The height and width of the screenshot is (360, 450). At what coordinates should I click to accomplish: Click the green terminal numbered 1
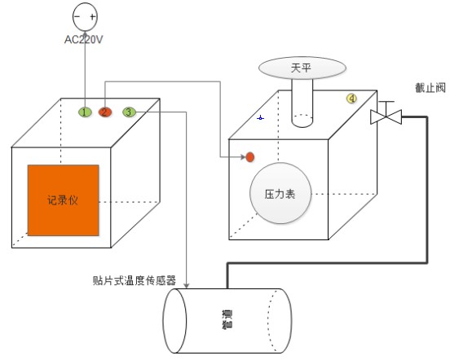pyautogui.click(x=85, y=112)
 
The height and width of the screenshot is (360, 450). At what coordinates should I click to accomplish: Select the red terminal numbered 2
pyautogui.click(x=104, y=112)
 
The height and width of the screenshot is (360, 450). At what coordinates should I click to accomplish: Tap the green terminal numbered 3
pyautogui.click(x=129, y=112)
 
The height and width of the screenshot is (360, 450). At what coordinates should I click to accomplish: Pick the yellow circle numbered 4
pyautogui.click(x=351, y=99)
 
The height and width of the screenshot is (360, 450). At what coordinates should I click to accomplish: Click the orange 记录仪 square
pyautogui.click(x=63, y=200)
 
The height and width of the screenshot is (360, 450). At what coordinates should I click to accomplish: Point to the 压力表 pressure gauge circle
pyautogui.click(x=280, y=193)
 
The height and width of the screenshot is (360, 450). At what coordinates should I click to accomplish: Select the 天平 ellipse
pyautogui.click(x=302, y=68)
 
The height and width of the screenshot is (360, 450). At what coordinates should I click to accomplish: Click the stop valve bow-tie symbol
pyautogui.click(x=386, y=117)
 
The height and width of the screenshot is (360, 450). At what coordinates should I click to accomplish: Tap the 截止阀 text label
pyautogui.click(x=430, y=88)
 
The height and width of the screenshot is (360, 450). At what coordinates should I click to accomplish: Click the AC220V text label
pyautogui.click(x=83, y=40)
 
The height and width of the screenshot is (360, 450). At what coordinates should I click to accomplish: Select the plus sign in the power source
pyautogui.click(x=92, y=17)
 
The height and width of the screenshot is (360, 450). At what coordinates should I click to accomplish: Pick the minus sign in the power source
pyautogui.click(x=77, y=16)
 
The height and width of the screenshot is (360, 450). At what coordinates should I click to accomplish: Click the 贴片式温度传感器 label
pyautogui.click(x=135, y=281)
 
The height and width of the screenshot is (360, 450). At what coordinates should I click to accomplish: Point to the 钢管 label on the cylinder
pyautogui.click(x=227, y=319)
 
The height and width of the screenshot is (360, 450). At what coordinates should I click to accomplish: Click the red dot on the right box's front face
pyautogui.click(x=250, y=157)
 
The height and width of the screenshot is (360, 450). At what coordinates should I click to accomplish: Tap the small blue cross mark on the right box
pyautogui.click(x=260, y=118)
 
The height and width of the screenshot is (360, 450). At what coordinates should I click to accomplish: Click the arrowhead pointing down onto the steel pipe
pyautogui.click(x=187, y=285)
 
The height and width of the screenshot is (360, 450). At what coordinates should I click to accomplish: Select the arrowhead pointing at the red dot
pyautogui.click(x=244, y=156)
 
